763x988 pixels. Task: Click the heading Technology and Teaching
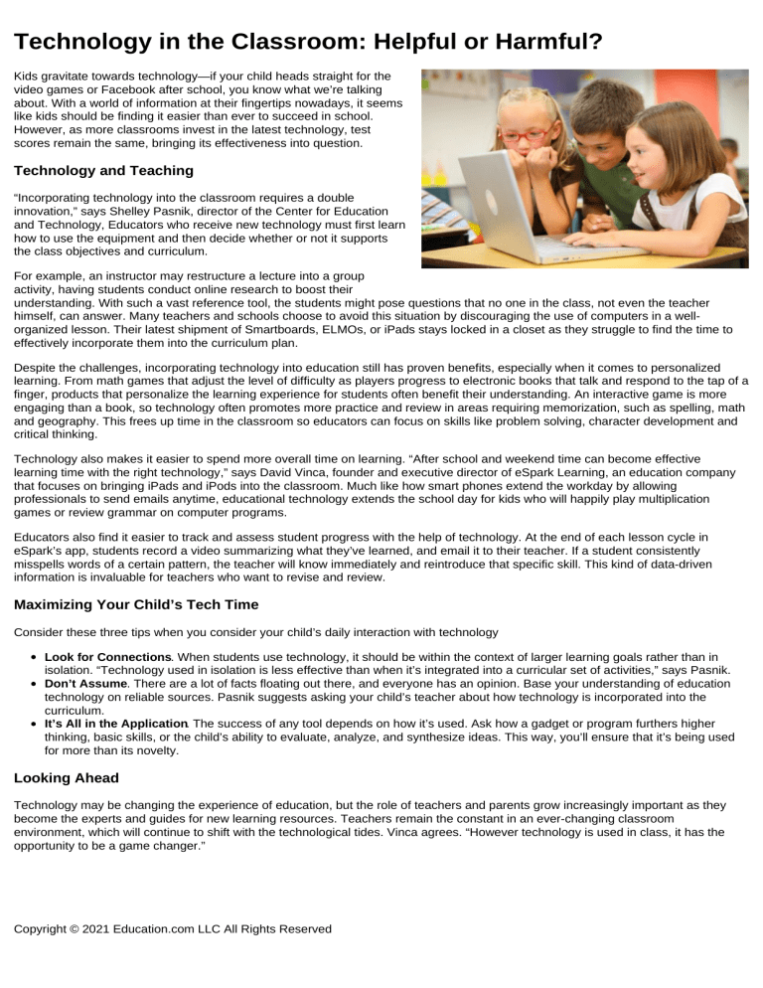click(96, 170)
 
